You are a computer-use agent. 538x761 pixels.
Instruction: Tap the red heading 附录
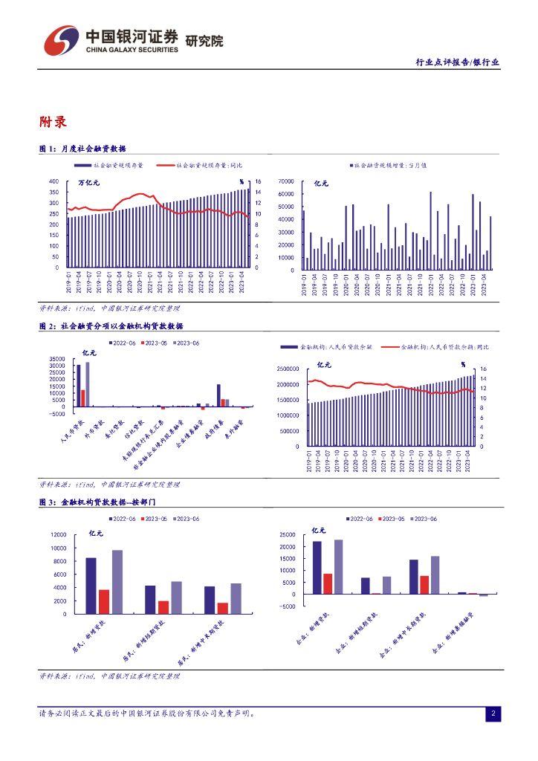pos(54,121)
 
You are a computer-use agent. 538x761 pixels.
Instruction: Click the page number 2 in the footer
pos(493,714)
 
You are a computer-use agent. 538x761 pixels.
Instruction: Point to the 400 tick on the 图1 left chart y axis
pos(54,181)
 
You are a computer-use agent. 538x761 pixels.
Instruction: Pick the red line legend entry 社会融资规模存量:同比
pos(210,165)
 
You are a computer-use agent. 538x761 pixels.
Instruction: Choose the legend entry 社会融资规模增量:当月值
pos(390,165)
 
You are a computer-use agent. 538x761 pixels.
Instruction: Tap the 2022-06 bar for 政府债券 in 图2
pos(218,395)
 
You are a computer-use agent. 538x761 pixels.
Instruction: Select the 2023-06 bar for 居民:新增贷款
pos(117,582)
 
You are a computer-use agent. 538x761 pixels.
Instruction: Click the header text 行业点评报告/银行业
pos(457,62)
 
